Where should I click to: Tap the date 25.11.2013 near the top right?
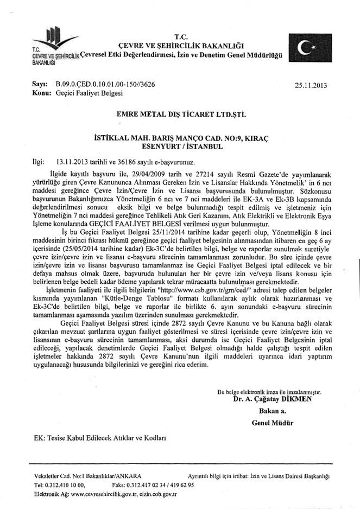(311, 85)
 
